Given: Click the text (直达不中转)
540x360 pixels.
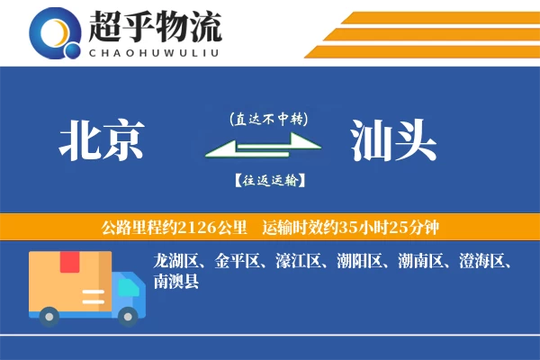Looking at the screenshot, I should (268, 119).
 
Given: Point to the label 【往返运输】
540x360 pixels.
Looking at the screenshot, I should (268, 180).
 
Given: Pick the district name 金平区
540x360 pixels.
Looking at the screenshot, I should (238, 262).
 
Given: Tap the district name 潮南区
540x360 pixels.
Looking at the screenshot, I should (423, 262).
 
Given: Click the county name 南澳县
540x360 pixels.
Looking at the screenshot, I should (176, 281).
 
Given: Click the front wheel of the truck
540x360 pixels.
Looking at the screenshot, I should (129, 315).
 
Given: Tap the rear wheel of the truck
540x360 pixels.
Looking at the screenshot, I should (49, 315).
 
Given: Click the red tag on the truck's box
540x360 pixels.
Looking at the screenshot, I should (68, 262).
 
